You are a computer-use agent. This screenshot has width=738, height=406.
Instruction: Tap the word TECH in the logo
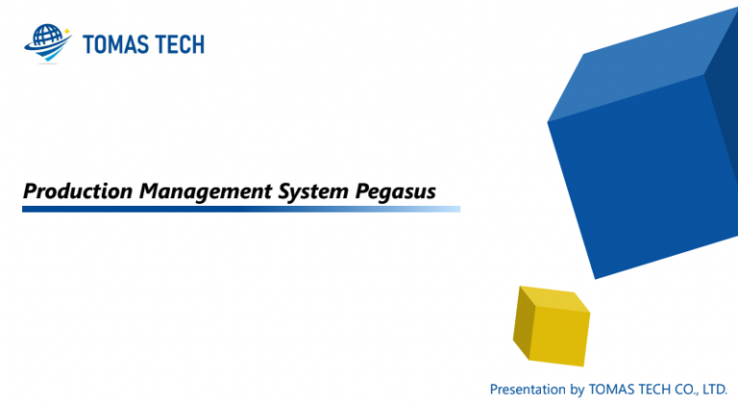click(x=180, y=44)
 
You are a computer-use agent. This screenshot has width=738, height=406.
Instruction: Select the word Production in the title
click(x=79, y=191)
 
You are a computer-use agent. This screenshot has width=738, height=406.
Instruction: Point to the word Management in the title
click(x=206, y=191)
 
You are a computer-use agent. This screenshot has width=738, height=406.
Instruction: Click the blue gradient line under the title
click(x=240, y=209)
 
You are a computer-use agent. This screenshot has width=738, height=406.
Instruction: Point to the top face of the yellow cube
click(x=553, y=299)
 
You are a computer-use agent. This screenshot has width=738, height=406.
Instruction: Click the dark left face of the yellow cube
click(x=524, y=321)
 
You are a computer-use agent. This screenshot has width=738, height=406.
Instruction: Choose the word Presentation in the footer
click(x=528, y=390)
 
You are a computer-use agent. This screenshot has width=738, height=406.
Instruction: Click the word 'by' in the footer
click(x=578, y=390)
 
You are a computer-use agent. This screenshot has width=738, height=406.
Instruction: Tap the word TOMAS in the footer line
click(x=609, y=390)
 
